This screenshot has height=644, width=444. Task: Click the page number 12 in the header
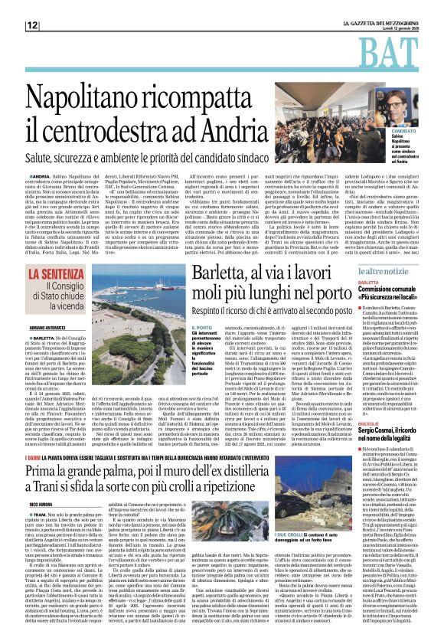[x=31, y=25]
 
